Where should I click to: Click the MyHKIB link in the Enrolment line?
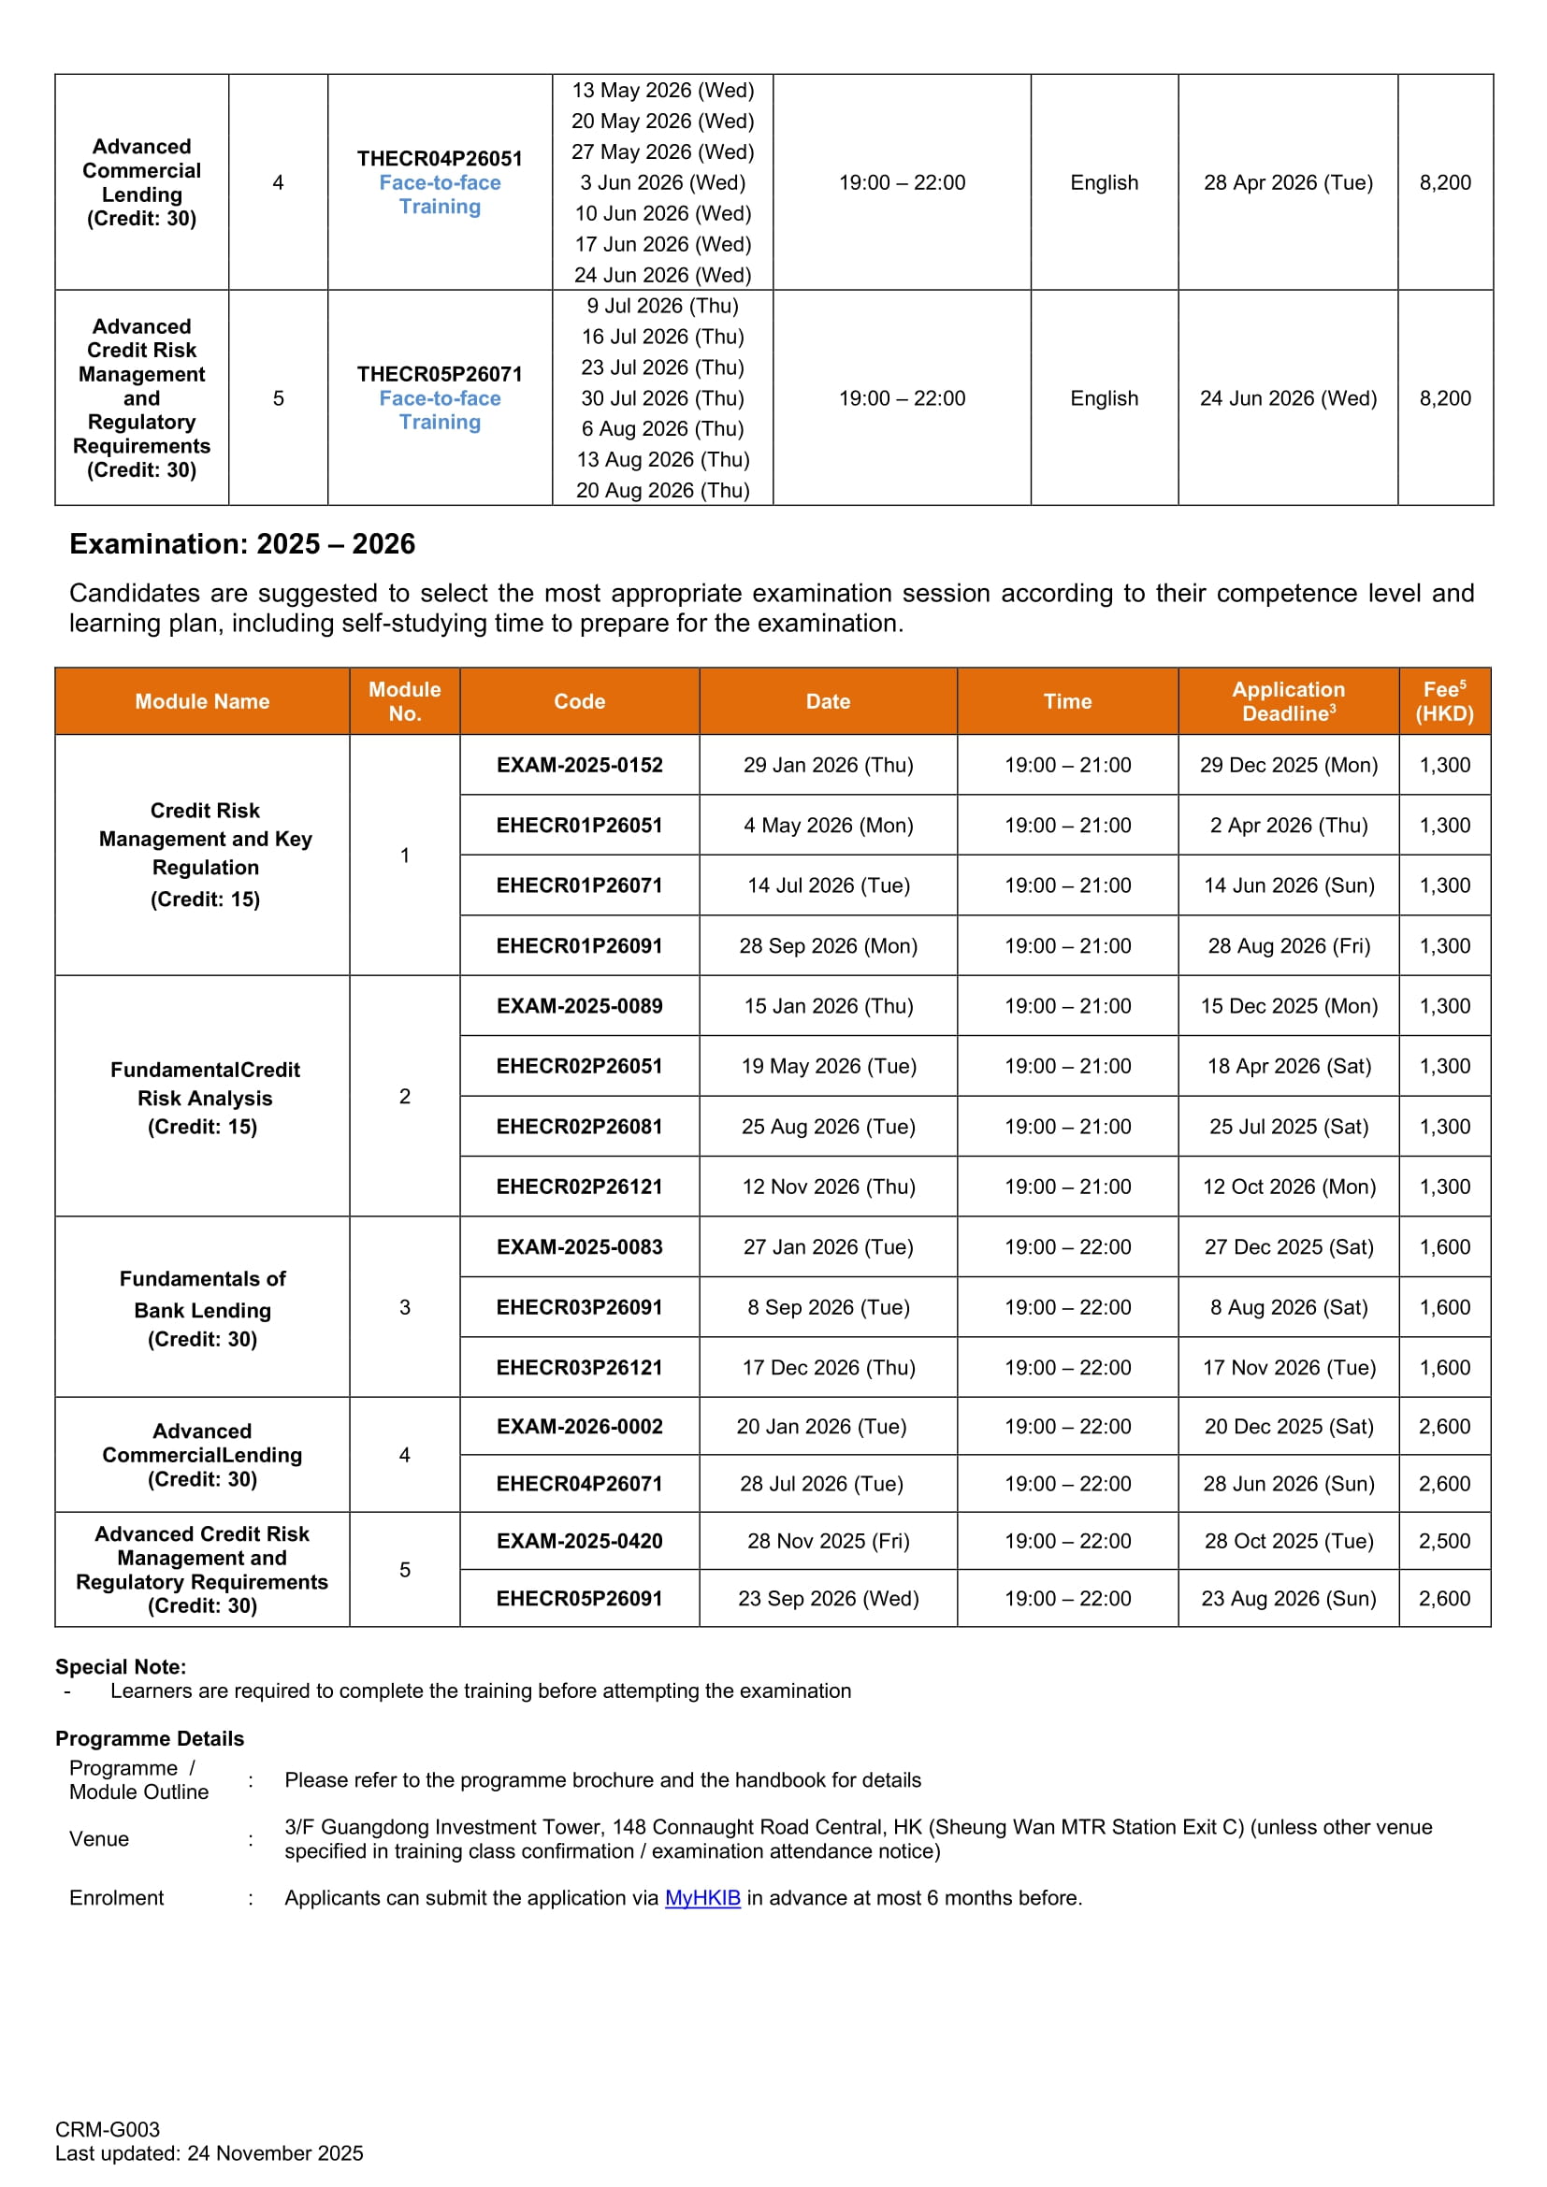tap(702, 1897)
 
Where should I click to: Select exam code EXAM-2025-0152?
tap(579, 765)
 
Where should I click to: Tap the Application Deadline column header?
tap(1288, 701)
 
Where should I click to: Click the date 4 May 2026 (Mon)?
tap(828, 825)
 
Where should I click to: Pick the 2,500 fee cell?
tap(1444, 1540)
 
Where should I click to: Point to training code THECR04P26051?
tap(440, 158)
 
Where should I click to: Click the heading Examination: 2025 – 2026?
tap(242, 544)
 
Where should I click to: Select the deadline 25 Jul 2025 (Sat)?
tap(1288, 1126)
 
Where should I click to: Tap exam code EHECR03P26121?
tap(579, 1367)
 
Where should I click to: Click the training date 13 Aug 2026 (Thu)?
tap(662, 459)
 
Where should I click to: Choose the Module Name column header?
tap(202, 701)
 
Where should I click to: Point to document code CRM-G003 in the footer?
tap(108, 2129)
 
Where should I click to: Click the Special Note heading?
tap(121, 1666)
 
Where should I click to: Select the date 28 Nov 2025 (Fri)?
tap(828, 1540)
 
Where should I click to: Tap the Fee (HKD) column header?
tap(1444, 701)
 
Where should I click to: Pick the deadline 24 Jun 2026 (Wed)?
tap(1288, 398)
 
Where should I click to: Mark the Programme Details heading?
tap(150, 1738)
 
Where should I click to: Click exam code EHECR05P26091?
tap(579, 1597)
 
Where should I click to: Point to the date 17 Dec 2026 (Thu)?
tap(828, 1367)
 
